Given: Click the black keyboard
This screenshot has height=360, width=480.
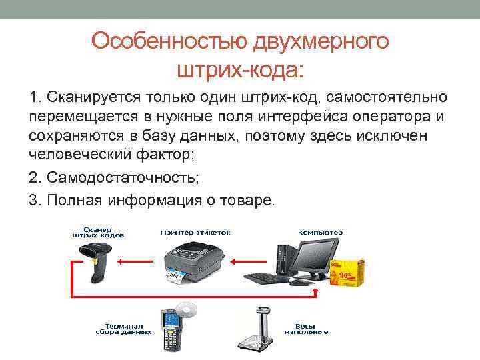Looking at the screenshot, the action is point(267,275).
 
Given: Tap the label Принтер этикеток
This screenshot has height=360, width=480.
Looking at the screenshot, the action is point(195,233).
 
